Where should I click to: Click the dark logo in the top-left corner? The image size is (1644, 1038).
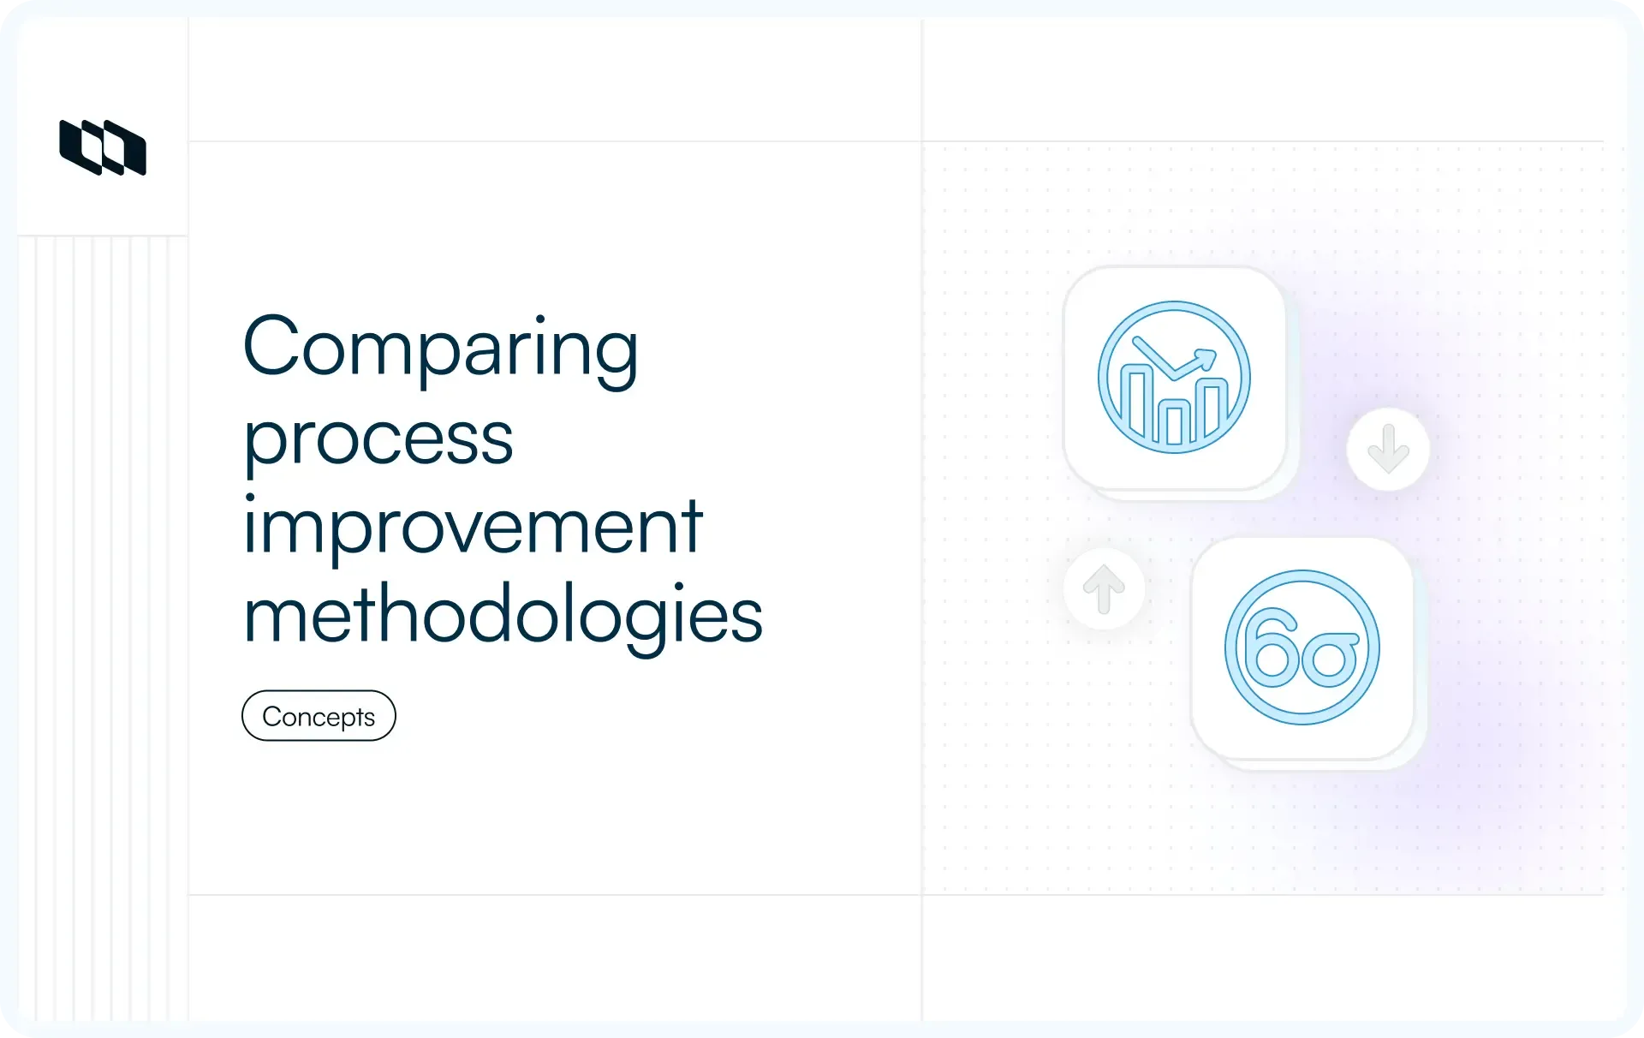[103, 147]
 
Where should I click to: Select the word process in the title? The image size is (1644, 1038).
[378, 439]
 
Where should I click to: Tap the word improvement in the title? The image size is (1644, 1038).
[473, 527]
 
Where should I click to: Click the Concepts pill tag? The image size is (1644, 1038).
[319, 716]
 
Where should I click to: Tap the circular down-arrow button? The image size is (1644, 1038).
[1388, 449]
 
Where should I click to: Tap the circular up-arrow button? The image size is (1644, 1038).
[1104, 588]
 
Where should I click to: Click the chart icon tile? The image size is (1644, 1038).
[1175, 378]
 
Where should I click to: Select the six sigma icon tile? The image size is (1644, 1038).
[1302, 647]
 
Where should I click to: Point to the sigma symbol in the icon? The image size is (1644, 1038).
[1330, 658]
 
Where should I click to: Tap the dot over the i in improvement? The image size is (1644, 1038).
[250, 498]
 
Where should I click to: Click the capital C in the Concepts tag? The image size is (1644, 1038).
[272, 716]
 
